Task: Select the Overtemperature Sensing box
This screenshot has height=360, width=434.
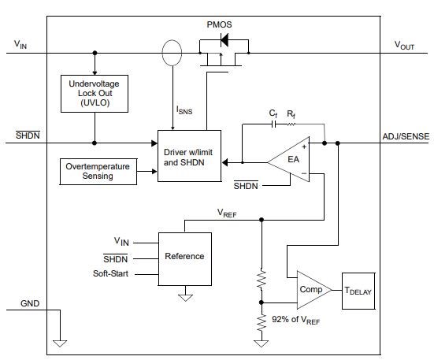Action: pyautogui.click(x=98, y=171)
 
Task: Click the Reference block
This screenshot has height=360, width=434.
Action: pyautogui.click(x=184, y=256)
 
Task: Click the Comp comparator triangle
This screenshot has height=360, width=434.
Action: pyautogui.click(x=310, y=289)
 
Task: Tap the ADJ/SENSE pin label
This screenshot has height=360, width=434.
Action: pyautogui.click(x=406, y=136)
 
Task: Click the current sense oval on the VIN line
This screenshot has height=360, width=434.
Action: pyautogui.click(x=170, y=54)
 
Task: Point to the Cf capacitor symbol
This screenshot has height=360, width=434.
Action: pyautogui.click(x=274, y=124)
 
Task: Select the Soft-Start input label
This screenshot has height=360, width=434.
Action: pyautogui.click(x=110, y=273)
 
